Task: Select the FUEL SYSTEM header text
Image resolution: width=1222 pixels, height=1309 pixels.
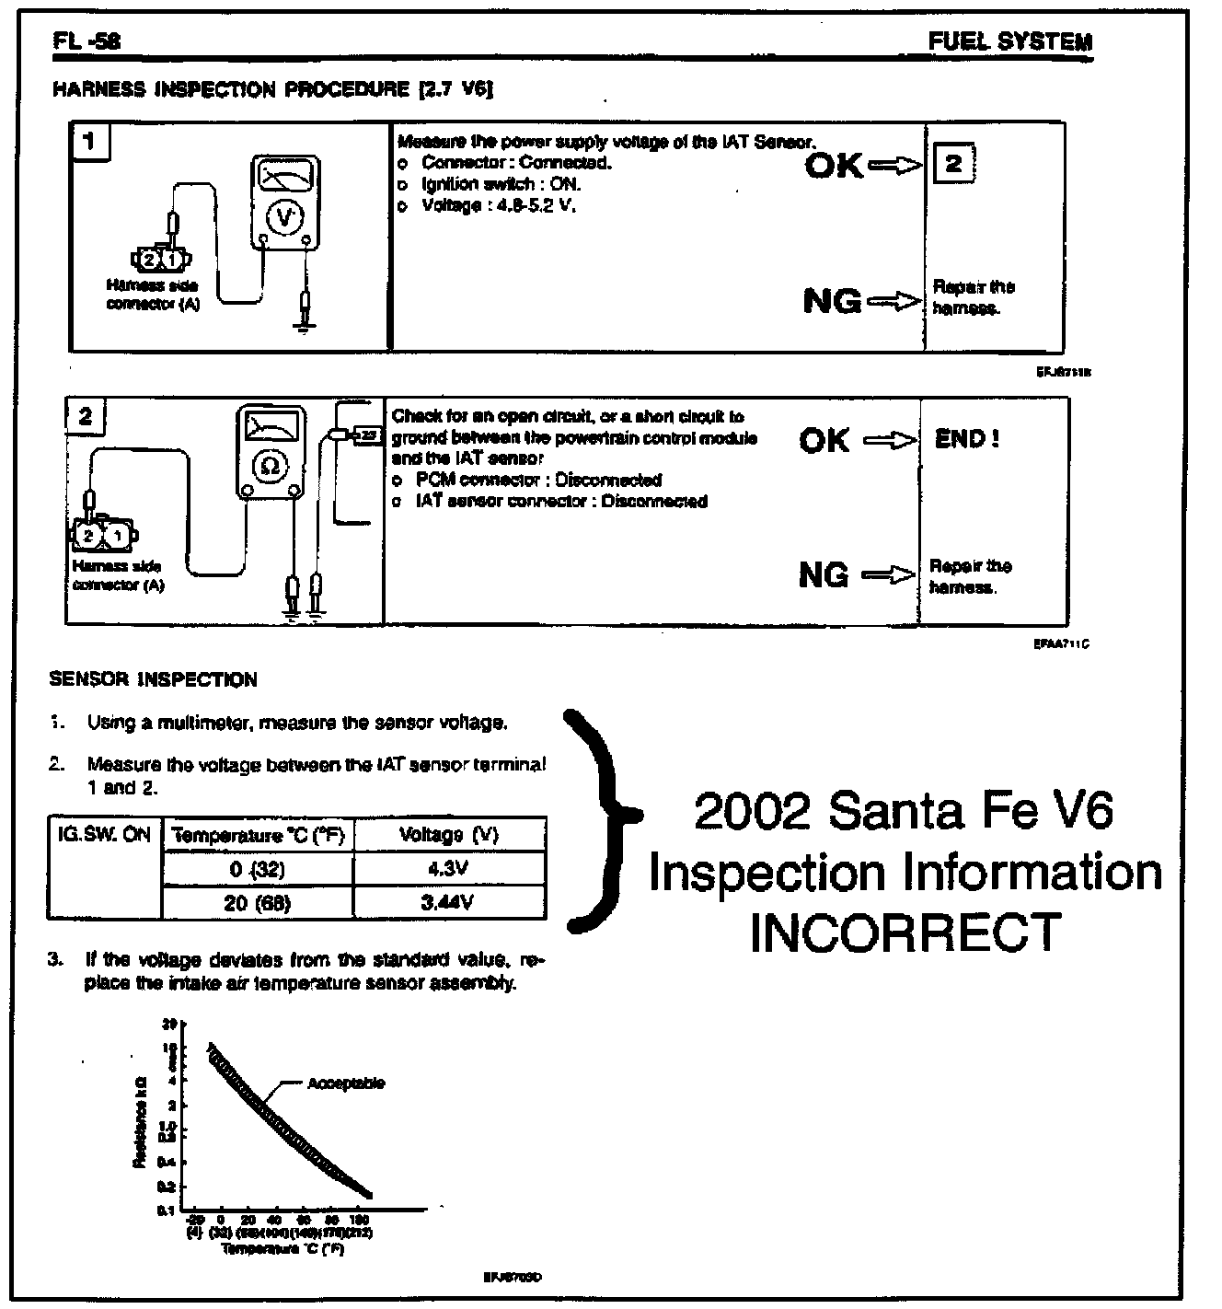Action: point(1009,41)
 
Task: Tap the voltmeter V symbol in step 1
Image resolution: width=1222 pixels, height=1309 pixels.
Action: point(285,216)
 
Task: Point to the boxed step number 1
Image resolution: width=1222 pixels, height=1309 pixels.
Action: point(89,141)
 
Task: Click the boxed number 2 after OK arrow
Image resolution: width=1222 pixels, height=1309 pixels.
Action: point(953,165)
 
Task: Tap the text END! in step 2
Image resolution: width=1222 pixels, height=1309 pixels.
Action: point(966,439)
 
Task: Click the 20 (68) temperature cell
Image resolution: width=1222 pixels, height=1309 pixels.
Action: point(258,902)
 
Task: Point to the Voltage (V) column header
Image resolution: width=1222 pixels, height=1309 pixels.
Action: point(449,835)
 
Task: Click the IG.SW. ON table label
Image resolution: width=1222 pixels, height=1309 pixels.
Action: point(103,836)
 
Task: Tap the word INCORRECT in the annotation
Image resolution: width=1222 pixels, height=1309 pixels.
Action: point(905,933)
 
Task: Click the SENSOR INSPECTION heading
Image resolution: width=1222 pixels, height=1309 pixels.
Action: point(153,680)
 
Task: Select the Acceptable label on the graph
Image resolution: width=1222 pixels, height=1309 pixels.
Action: point(346,1083)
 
